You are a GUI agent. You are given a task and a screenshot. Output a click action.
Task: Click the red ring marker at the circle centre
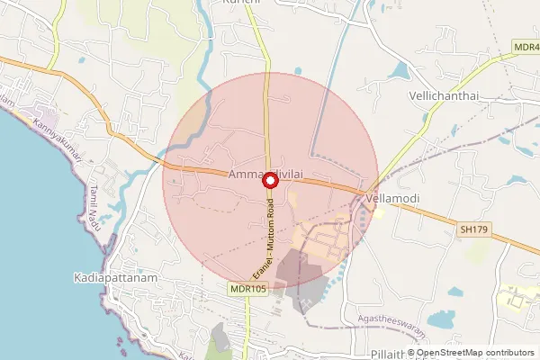pyautogui.click(x=269, y=180)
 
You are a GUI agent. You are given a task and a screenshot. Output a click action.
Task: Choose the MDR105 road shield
pyautogui.click(x=247, y=289)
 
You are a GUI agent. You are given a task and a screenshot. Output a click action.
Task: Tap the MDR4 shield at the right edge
pyautogui.click(x=526, y=46)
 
